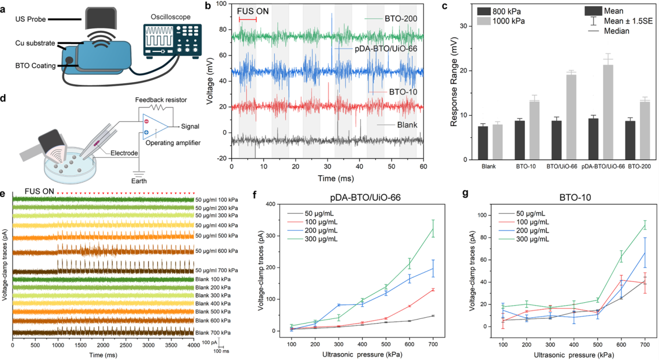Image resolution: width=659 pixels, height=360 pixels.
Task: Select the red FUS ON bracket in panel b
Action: pyautogui.click(x=248, y=19)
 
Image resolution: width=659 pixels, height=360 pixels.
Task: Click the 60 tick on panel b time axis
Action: pyautogui.click(x=424, y=167)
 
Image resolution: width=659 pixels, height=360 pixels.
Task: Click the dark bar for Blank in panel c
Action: pyautogui.click(x=483, y=143)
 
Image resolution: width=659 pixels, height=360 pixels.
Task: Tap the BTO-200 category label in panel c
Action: pyautogui.click(x=638, y=166)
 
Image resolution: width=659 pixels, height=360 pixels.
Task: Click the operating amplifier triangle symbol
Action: pyautogui.click(x=156, y=126)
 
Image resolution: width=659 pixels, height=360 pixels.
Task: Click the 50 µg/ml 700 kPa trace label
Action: pyautogui.click(x=217, y=271)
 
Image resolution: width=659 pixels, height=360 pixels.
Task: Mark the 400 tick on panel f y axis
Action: pyautogui.click(x=283, y=203)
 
